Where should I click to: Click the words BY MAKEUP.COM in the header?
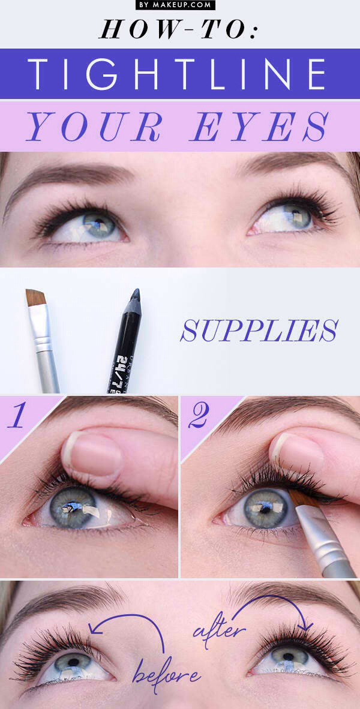coord(175,5)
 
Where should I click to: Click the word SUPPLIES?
coord(260,330)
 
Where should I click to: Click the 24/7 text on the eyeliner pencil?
coord(121,363)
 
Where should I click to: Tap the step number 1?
coord(17,415)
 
